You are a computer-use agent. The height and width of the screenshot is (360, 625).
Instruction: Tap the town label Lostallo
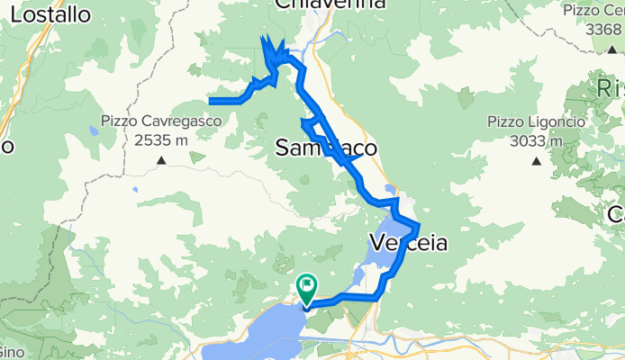coord(51,15)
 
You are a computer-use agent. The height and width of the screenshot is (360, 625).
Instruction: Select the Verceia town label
coord(408,242)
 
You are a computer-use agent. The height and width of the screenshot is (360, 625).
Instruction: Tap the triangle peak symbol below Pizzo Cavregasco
coord(162,161)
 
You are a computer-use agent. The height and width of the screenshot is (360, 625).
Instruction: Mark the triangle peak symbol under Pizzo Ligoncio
coord(536,162)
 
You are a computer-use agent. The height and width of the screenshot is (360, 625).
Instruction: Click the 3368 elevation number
coord(602,29)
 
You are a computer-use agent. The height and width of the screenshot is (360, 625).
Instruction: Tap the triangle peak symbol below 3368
coord(611,49)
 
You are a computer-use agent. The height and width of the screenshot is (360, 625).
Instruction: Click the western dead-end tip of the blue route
coord(210,101)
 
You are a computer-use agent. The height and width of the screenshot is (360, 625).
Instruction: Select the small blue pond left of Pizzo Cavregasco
coord(93,130)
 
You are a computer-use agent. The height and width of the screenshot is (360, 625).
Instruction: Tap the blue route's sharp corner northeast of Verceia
coord(419,223)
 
